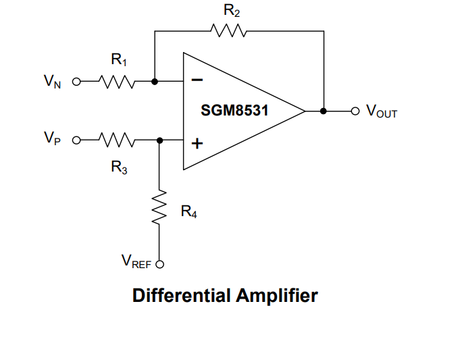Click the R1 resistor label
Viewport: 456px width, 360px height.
click(x=119, y=61)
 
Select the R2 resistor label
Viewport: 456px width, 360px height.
click(x=232, y=11)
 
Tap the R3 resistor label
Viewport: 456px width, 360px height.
click(x=119, y=168)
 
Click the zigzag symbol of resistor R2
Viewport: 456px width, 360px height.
click(x=229, y=31)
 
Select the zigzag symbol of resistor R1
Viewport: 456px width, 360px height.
click(x=119, y=82)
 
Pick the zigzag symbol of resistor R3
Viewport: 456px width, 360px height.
click(x=119, y=140)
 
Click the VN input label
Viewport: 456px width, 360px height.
click(x=52, y=82)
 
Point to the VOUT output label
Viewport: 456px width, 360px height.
click(x=381, y=111)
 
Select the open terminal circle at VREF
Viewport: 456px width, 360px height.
click(x=160, y=263)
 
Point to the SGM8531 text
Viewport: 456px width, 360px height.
click(x=234, y=110)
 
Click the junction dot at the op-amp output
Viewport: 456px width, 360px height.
click(x=323, y=111)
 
